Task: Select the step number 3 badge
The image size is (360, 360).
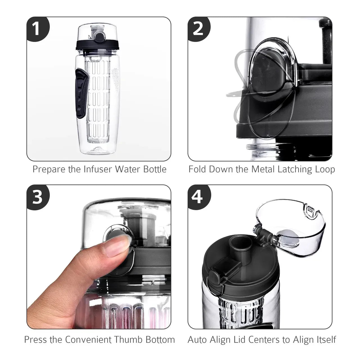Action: tap(37, 197)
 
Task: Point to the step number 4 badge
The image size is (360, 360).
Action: tap(198, 197)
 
